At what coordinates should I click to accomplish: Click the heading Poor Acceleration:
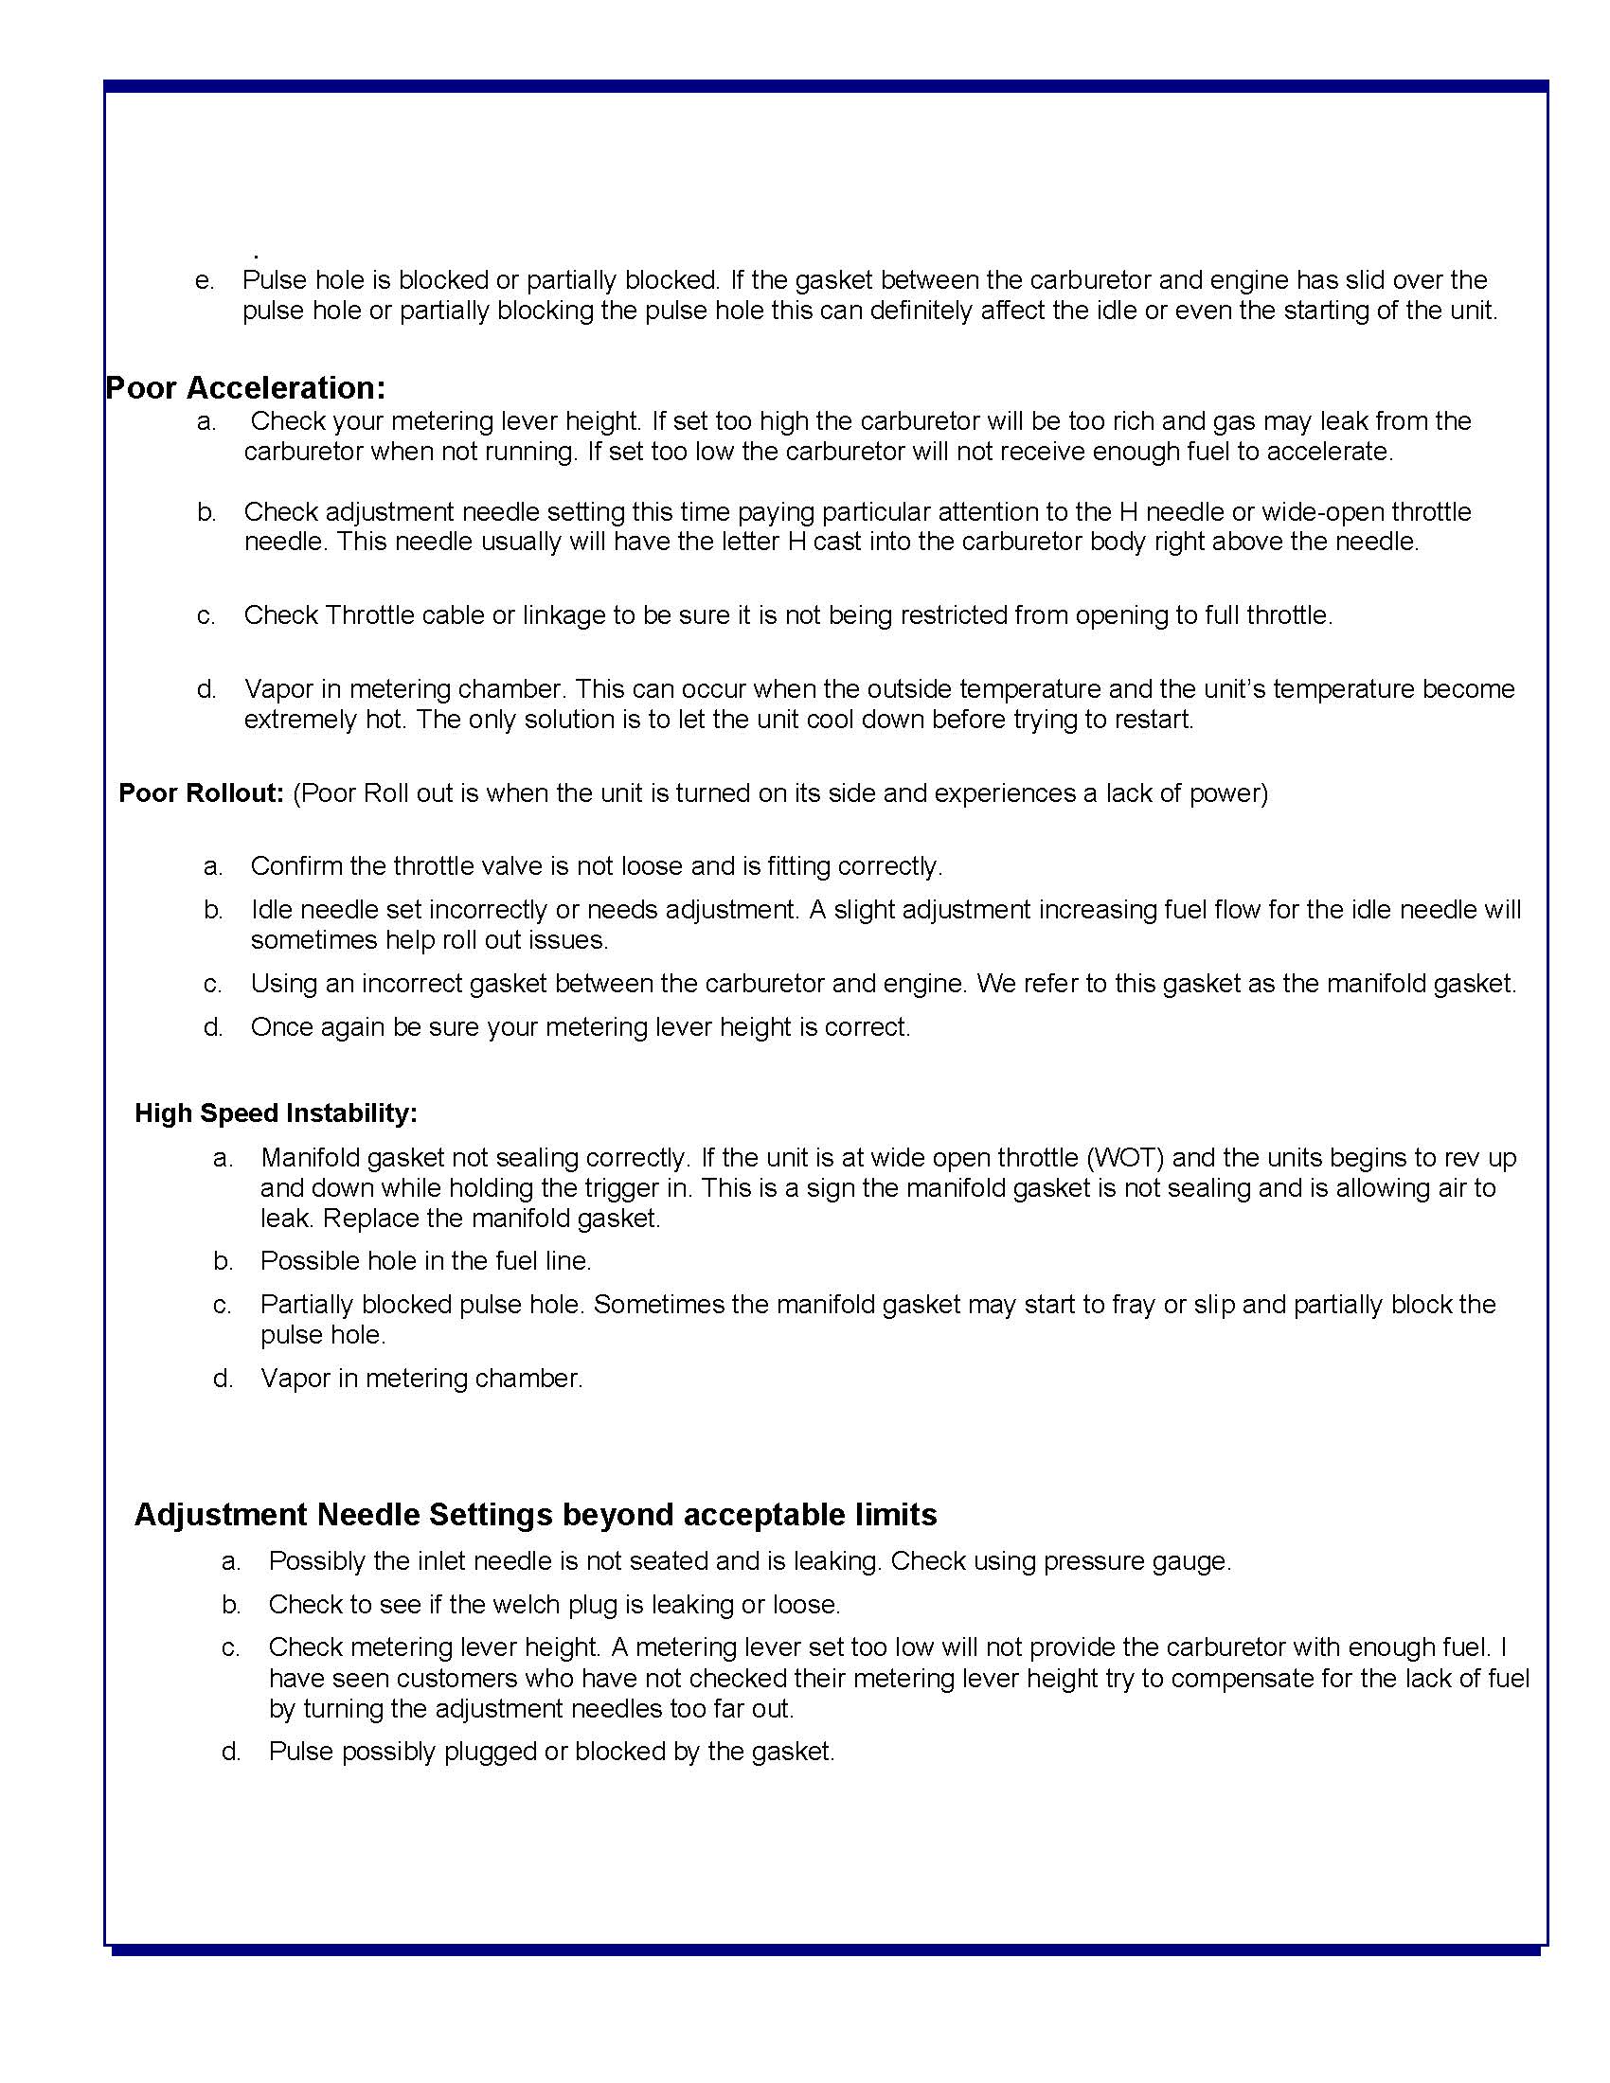coord(245,388)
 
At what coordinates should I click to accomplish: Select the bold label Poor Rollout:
coord(201,793)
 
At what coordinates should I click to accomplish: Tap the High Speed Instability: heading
coord(276,1113)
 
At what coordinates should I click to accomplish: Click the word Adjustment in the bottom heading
coord(222,1515)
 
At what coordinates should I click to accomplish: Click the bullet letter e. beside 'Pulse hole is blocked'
coord(205,280)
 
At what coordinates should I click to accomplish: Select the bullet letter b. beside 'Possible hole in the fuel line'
coord(224,1261)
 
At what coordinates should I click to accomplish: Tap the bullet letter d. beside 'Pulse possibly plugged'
coord(231,1751)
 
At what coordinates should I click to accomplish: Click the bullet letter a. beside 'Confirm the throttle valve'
coord(213,866)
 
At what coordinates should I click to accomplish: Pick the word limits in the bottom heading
coord(895,1515)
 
